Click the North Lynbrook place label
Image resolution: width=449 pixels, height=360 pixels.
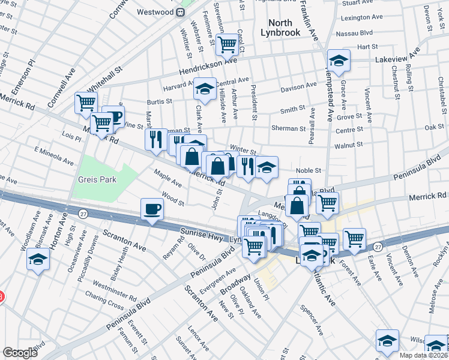point(279,27)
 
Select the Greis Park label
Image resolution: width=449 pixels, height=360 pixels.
point(97,179)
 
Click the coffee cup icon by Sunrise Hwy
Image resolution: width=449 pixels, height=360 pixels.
point(151,210)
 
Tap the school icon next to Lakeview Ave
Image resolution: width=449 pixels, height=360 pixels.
point(339,61)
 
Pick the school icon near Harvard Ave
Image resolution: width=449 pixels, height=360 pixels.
point(205,89)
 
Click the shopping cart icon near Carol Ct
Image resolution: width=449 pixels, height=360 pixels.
point(227,43)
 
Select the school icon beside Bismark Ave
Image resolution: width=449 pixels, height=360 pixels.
point(38,260)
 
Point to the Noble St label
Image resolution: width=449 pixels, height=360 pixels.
point(309,170)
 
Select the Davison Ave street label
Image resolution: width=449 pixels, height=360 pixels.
point(298,86)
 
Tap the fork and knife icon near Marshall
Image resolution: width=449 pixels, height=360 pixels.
point(155,139)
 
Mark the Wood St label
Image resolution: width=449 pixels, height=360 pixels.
point(172,198)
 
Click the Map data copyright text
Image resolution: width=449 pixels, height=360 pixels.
point(423,355)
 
